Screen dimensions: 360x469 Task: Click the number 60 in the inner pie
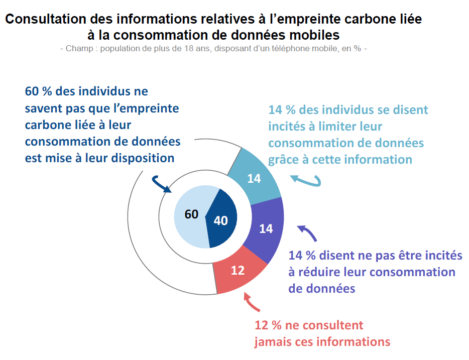191,214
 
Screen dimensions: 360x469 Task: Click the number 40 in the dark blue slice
220,220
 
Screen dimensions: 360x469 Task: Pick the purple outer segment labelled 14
266,228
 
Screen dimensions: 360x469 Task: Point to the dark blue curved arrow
161,183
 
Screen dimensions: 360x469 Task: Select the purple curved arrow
307,233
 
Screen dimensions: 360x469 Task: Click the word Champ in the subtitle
77,49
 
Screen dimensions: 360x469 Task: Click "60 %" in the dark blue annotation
39,92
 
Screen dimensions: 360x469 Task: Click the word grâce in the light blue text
284,160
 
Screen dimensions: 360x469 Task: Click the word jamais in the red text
275,342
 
